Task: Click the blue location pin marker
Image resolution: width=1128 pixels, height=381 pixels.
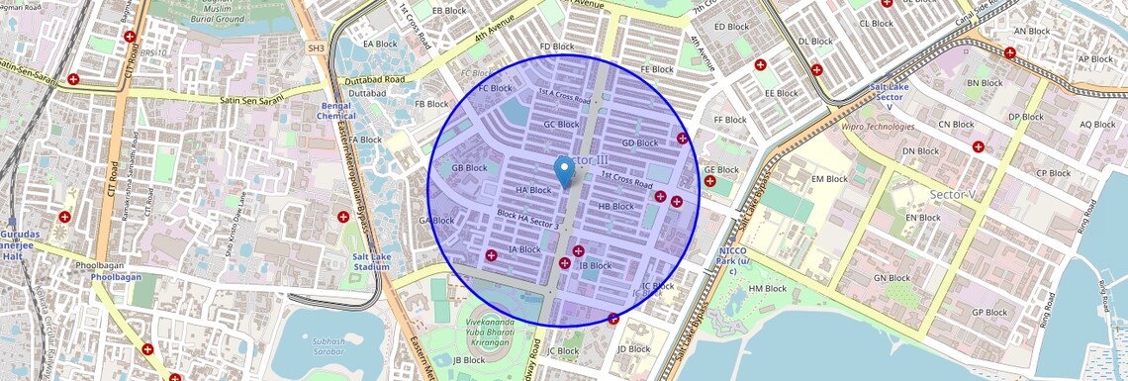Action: [565, 170]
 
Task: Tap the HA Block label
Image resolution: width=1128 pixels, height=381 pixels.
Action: [533, 190]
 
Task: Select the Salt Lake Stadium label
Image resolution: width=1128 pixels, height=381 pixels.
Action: [371, 261]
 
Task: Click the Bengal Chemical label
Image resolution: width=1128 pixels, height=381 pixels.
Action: [337, 111]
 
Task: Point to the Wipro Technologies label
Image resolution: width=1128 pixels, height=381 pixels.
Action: [878, 127]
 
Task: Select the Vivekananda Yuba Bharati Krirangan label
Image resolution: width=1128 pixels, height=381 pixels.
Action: [499, 330]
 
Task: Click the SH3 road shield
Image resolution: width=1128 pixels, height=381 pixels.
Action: [316, 48]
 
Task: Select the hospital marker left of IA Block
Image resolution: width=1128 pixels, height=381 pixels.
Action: [491, 256]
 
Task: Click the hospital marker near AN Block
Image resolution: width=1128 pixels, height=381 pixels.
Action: [1009, 53]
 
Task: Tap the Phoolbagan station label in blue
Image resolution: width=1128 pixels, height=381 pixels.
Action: [117, 277]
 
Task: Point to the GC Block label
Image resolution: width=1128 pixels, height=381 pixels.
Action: [561, 125]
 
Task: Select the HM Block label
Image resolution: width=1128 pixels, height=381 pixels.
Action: [768, 289]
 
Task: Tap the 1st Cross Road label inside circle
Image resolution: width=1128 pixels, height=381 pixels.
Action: [627, 180]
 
